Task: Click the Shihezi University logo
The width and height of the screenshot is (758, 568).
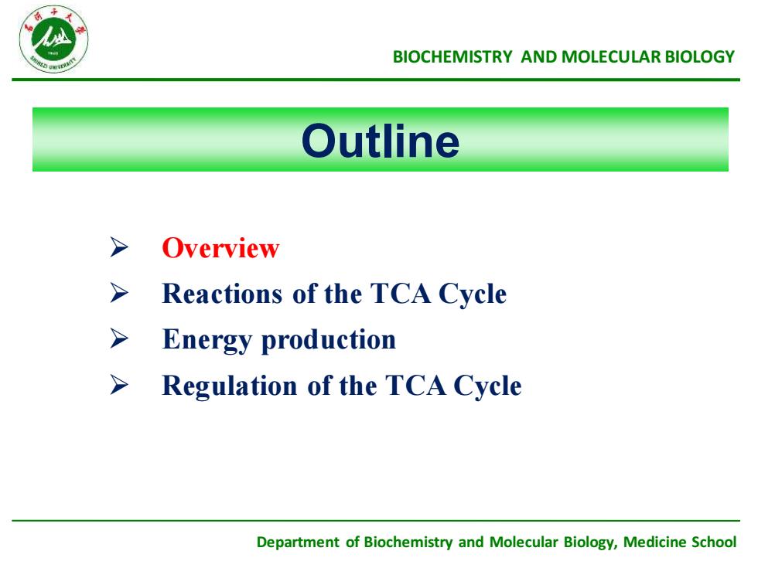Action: [x=53, y=39]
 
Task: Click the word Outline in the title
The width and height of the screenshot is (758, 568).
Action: [x=381, y=141]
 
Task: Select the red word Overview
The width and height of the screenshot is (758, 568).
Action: [x=220, y=248]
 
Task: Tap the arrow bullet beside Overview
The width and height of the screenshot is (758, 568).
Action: [x=119, y=247]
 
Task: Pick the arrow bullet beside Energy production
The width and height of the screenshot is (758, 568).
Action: [x=119, y=338]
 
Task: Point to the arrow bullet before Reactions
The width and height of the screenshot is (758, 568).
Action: [x=119, y=293]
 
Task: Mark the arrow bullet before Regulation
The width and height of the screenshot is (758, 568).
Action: [x=119, y=385]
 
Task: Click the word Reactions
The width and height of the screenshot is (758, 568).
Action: [x=222, y=293]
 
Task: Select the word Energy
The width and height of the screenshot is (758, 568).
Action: [x=207, y=340]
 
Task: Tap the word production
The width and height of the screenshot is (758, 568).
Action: [x=328, y=340]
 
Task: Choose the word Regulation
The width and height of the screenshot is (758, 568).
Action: [x=230, y=386]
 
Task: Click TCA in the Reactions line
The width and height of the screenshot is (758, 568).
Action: [x=401, y=293]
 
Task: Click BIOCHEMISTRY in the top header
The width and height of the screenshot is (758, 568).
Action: [x=452, y=57]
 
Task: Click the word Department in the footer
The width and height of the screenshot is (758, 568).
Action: [x=298, y=542]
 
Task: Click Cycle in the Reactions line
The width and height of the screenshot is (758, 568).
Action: [x=473, y=294]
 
